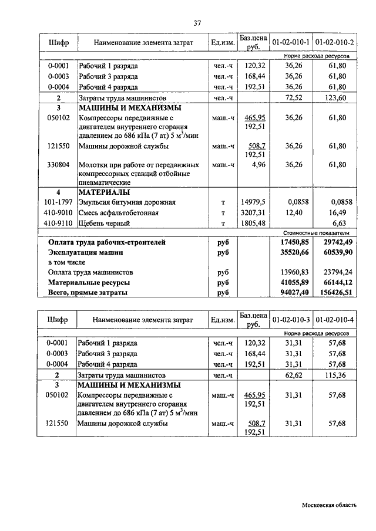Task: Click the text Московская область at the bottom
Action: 329,505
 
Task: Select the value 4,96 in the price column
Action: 258,165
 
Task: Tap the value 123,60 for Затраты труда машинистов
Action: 337,97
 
